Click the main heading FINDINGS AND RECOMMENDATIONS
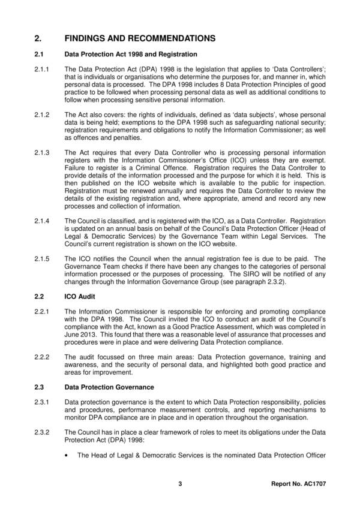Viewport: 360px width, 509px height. [139, 38]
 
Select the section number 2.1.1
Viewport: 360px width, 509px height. [44, 68]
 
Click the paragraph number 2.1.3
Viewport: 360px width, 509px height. [44, 153]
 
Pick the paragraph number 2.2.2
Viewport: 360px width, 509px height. [44, 356]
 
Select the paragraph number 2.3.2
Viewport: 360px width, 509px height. [44, 431]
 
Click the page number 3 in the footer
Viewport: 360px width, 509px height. [180, 484]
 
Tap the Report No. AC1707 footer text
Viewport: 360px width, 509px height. [298, 484]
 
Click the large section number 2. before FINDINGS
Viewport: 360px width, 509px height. [38, 38]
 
